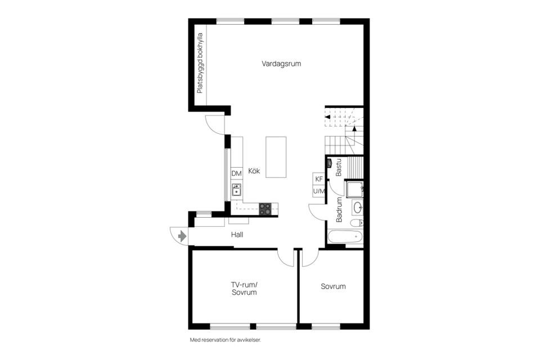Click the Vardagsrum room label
(281, 64)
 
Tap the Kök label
(254, 171)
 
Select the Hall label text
(237, 235)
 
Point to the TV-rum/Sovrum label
(244, 289)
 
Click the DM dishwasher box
(237, 174)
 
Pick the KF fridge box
(319, 179)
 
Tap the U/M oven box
(319, 191)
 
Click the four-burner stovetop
(265, 209)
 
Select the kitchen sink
(236, 190)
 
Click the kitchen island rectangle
(276, 157)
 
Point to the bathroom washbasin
(358, 208)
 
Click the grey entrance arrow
(182, 236)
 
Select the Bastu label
(339, 168)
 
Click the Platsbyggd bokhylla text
(200, 63)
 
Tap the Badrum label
(339, 209)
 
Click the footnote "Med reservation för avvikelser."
(226, 340)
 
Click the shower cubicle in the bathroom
(354, 190)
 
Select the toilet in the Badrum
(357, 223)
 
